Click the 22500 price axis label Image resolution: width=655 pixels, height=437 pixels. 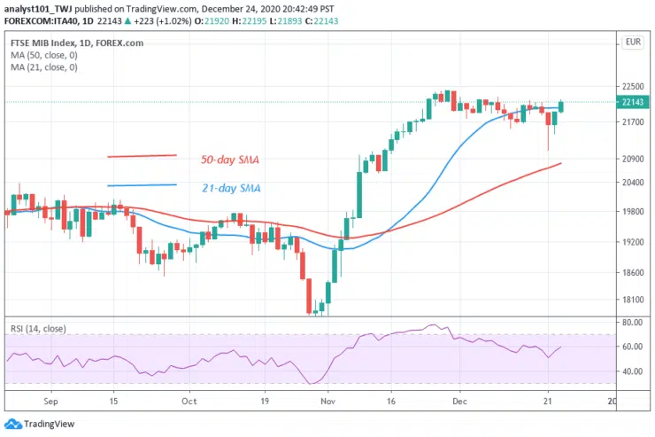[632, 87]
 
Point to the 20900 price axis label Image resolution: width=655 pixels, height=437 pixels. [632, 159]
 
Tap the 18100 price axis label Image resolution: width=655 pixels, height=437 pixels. [632, 300]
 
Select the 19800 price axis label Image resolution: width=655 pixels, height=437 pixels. [632, 212]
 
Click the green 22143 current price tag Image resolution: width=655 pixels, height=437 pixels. [632, 103]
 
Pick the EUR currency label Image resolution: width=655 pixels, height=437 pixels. [632, 42]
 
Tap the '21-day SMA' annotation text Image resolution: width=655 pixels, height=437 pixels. [230, 188]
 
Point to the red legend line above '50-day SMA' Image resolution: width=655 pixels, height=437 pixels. [142, 156]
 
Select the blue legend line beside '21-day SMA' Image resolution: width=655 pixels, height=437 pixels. [142, 185]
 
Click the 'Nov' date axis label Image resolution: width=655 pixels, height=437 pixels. [327, 401]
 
